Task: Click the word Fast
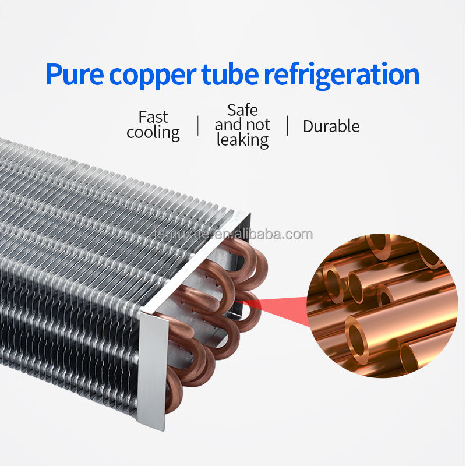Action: click(153, 116)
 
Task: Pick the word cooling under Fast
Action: click(153, 132)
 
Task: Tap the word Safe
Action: click(242, 110)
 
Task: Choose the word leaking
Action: click(242, 140)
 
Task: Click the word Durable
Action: click(331, 126)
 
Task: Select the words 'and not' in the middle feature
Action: click(242, 125)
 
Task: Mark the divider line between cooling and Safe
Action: click(198, 125)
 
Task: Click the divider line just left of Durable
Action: click(287, 125)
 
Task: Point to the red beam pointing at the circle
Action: click(280, 305)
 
